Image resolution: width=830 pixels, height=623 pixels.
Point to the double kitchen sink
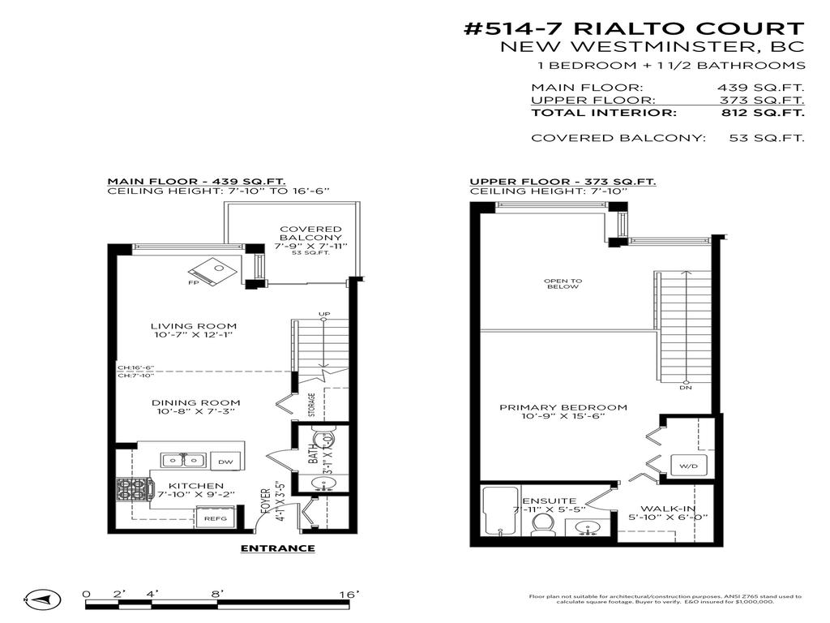182,461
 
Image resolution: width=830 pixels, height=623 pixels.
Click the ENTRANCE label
278,548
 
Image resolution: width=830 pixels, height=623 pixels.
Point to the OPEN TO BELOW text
562,284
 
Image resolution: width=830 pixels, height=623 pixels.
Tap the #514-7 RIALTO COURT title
633,29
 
